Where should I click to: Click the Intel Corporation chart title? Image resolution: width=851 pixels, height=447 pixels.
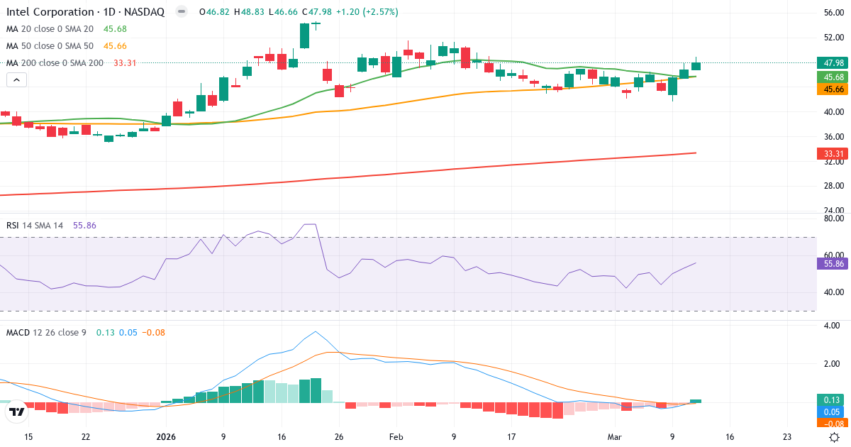pos(85,12)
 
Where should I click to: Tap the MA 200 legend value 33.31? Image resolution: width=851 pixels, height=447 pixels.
pos(125,63)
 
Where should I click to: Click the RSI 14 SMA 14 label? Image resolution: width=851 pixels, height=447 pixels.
pos(35,225)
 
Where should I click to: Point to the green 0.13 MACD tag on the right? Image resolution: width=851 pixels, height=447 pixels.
pos(830,399)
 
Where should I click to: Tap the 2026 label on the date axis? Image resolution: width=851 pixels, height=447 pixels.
pos(165,437)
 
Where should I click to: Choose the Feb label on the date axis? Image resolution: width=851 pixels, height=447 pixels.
pos(396,437)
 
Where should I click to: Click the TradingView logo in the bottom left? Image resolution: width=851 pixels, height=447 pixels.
pos(16,411)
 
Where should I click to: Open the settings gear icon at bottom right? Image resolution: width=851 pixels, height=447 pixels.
pos(835,437)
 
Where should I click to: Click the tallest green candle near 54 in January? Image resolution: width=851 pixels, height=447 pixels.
pos(304,35)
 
